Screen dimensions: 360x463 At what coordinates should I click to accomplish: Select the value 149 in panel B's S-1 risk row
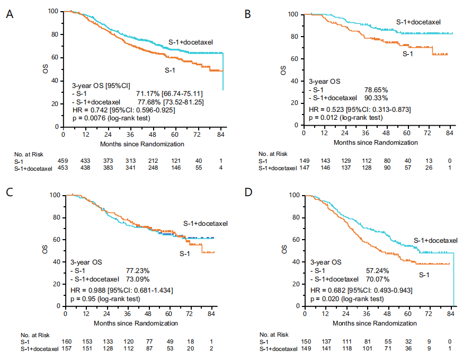click(304, 161)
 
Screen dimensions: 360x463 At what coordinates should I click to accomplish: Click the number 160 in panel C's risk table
click(66, 343)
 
